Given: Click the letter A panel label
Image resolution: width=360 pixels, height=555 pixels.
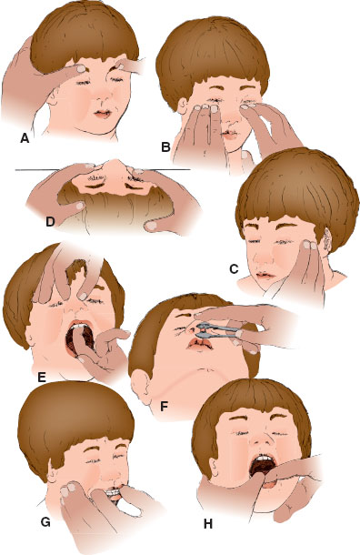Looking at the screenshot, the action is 25,138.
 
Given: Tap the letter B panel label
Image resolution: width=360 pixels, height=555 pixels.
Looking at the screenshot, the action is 165,146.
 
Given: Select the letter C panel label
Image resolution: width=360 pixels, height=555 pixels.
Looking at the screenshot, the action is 234,269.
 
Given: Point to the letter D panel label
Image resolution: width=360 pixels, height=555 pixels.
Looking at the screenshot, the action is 50,222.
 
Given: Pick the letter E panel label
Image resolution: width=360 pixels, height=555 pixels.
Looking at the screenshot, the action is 42,378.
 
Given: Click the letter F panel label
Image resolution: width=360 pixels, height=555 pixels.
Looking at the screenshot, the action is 164,407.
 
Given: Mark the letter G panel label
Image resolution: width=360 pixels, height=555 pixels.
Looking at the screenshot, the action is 45,521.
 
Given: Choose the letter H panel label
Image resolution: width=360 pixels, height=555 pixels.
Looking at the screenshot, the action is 208,524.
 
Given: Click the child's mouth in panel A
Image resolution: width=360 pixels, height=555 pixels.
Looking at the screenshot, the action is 103,114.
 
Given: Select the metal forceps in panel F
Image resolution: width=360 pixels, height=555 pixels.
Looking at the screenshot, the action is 218,330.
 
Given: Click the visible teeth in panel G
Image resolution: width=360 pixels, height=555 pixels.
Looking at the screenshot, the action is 111,491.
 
